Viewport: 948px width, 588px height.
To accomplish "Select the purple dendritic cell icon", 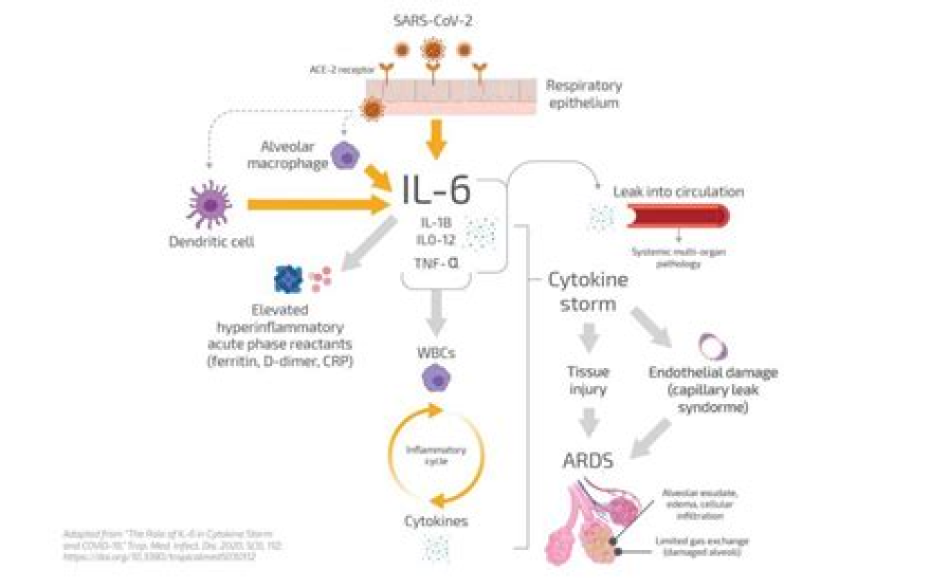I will coord(210,205).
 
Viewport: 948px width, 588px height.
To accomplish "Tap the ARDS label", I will coord(588,462).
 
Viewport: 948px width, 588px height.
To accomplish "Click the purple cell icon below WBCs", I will coord(435,380).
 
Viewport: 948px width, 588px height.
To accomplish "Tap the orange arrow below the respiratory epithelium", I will coord(435,140).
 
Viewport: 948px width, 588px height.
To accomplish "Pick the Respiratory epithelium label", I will coord(582,93).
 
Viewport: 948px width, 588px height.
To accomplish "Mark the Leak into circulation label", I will coord(678,192).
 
